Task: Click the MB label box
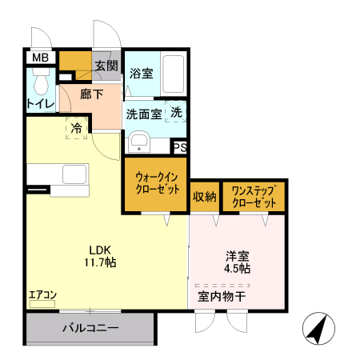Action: pyautogui.click(x=40, y=58)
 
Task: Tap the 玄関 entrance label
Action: pyautogui.click(x=106, y=66)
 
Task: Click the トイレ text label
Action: pyautogui.click(x=40, y=104)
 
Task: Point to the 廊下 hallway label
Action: pyautogui.click(x=91, y=93)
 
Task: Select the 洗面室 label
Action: pyautogui.click(x=143, y=114)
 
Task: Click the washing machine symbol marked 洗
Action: pyautogui.click(x=175, y=113)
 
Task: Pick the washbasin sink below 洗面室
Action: pyautogui.click(x=139, y=142)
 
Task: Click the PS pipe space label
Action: pyautogui.click(x=180, y=147)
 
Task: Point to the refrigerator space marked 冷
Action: pyautogui.click(x=77, y=128)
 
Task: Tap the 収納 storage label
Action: pyautogui.click(x=204, y=197)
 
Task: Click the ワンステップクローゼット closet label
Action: pyautogui.click(x=254, y=197)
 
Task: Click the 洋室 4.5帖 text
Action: pyautogui.click(x=237, y=262)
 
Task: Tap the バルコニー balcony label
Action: pyautogui.click(x=90, y=329)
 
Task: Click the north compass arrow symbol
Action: pyautogui.click(x=318, y=329)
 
